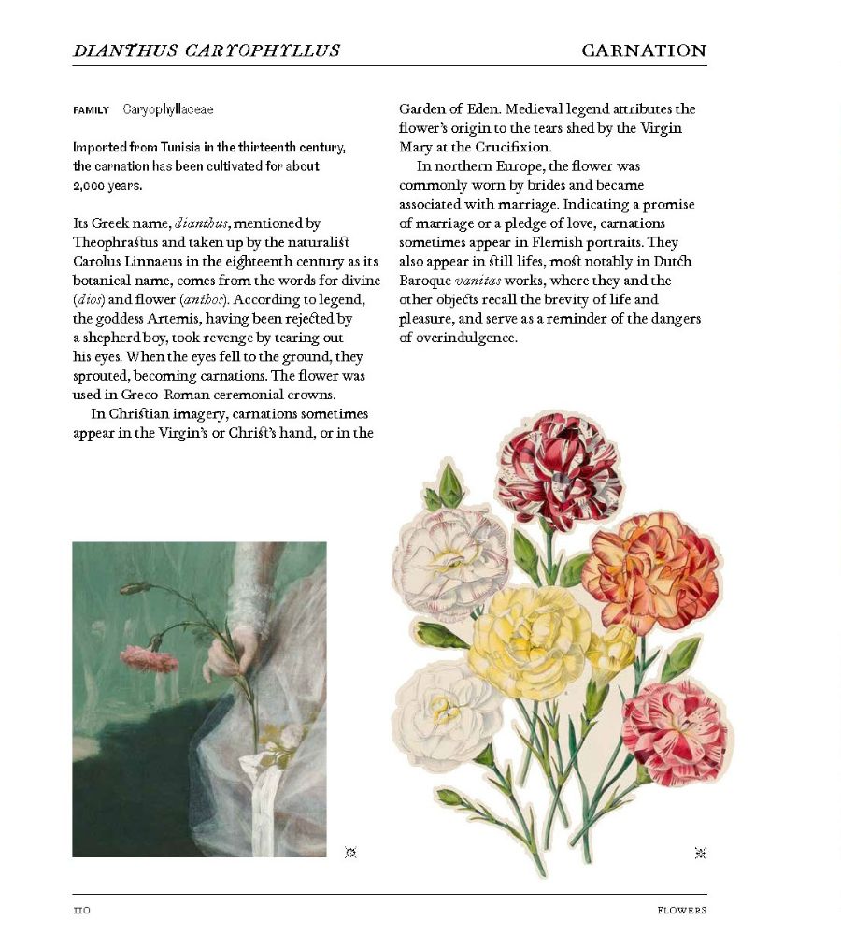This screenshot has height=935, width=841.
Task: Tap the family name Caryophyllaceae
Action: coord(168,109)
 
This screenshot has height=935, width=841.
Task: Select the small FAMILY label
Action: coord(91,110)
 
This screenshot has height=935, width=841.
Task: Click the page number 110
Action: coord(81,910)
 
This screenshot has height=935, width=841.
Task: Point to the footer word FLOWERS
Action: coord(681,910)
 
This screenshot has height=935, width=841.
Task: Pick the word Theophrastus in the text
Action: coord(115,242)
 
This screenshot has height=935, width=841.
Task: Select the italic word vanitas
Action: coord(478,280)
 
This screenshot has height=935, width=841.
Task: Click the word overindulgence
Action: coord(458,338)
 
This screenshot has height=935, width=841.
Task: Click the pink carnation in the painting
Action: coord(149,659)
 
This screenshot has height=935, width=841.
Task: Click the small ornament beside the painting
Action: coord(350,852)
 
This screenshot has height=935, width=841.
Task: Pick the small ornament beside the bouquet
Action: coord(701,852)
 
